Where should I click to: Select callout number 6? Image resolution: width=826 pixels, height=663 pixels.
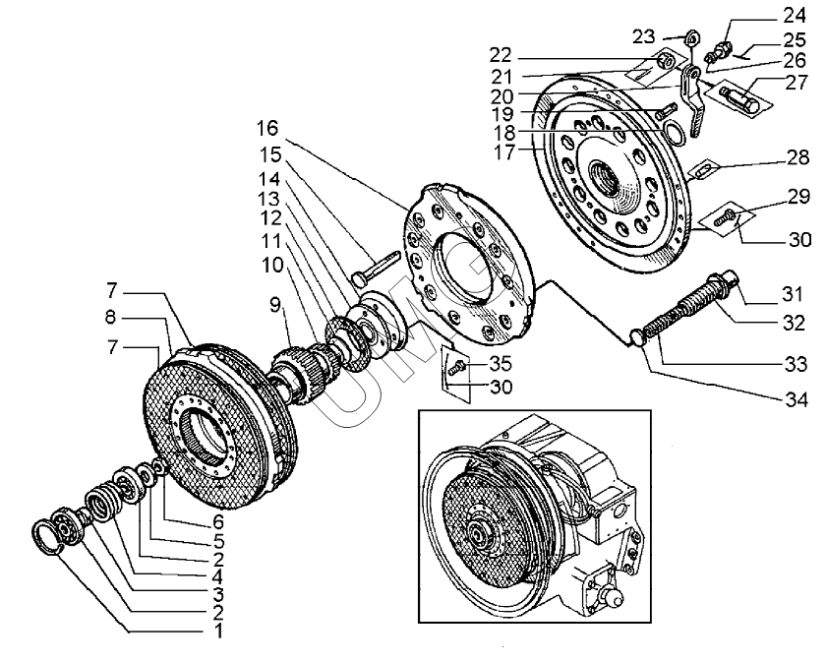click(x=217, y=520)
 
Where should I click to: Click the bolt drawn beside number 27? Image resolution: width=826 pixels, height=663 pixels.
click(x=743, y=98)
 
